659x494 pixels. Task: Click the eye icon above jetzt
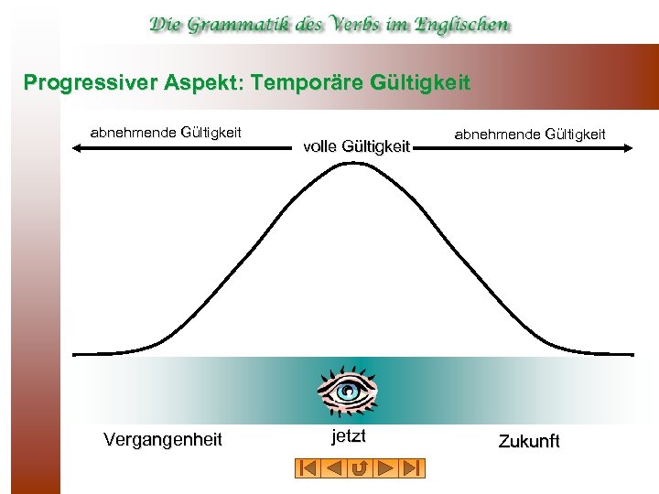click(348, 391)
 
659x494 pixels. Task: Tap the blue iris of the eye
click(348, 392)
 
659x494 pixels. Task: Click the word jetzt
click(347, 435)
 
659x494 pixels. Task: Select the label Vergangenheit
click(163, 440)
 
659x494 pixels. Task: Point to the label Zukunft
click(528, 442)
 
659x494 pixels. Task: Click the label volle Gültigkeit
click(355, 145)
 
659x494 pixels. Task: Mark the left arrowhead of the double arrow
click(76, 146)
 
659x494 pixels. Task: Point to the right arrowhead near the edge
click(629, 146)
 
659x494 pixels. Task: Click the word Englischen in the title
click(461, 25)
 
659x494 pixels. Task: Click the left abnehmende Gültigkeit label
click(166, 132)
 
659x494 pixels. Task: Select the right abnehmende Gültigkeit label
click(530, 134)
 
